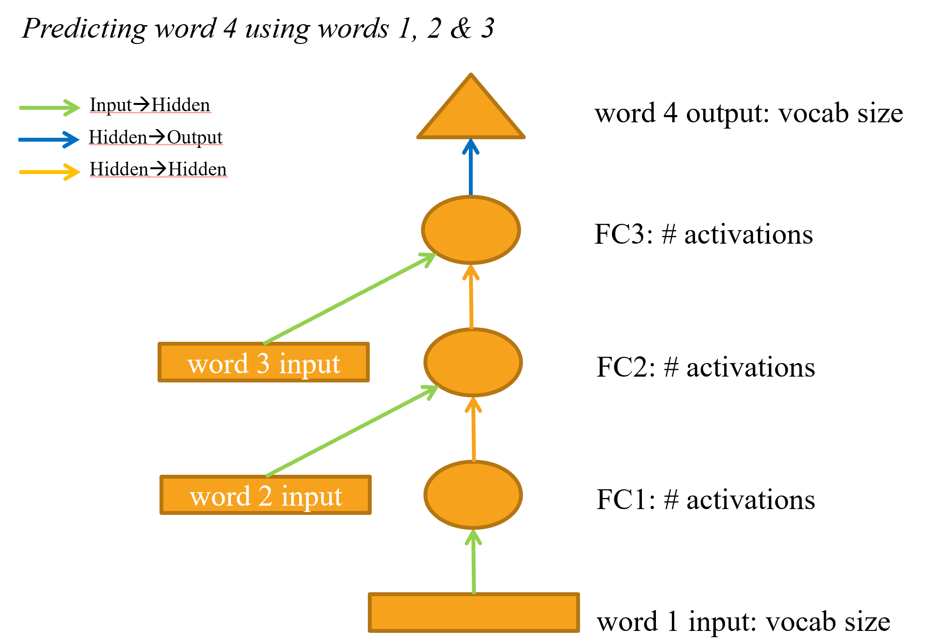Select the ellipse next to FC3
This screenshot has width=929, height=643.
471,230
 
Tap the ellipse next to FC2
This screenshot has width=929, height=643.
473,363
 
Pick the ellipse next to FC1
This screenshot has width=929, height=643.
473,495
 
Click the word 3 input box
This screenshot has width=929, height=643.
263,363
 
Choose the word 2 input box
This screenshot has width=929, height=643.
265,495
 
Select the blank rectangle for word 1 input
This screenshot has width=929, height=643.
474,613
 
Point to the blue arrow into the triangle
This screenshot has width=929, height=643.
471,167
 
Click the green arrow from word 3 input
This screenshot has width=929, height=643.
348,299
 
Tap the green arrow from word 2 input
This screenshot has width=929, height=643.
350,432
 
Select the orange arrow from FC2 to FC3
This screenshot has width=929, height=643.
471,296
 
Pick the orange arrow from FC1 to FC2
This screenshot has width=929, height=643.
473,429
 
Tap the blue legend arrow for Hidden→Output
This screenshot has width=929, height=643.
48,140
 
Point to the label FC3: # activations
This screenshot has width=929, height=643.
703,234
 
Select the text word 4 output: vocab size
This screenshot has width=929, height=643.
749,114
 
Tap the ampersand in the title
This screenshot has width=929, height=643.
461,29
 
